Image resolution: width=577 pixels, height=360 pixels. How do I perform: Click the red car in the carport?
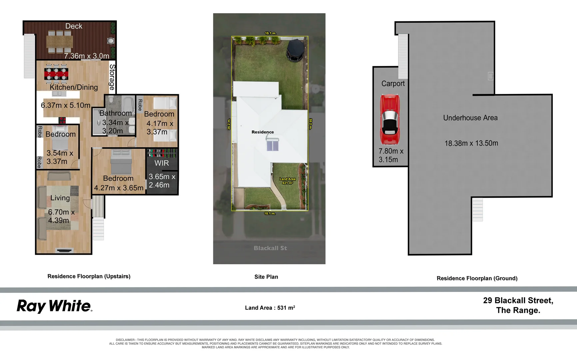point(389,120)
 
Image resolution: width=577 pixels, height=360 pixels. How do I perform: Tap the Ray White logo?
point(54,306)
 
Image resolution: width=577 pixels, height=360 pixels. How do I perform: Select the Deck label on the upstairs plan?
point(74,26)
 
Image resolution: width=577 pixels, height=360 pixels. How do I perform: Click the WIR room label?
point(162,163)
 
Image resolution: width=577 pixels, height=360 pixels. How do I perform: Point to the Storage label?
point(112,77)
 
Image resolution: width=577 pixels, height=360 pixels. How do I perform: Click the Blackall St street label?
point(270,248)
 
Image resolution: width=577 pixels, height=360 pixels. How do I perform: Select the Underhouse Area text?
point(470,118)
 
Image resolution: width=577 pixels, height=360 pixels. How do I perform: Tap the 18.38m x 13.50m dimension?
point(471,143)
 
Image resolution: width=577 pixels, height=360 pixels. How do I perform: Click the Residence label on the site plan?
point(263,132)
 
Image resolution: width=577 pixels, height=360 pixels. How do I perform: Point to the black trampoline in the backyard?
point(295,50)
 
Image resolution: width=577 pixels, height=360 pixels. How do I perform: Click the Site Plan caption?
point(266,277)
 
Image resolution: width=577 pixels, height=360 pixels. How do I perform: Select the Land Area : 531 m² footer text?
point(270,308)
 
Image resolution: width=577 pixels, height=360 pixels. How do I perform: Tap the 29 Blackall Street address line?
point(518,300)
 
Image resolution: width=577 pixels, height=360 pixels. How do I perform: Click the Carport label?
point(393,84)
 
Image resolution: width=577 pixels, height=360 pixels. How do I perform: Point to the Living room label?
point(60,198)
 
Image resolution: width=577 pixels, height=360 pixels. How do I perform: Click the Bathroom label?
point(115,113)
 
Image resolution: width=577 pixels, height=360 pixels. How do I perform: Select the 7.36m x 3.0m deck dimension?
point(87,56)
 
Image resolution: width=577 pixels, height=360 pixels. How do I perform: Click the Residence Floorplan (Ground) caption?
point(477,278)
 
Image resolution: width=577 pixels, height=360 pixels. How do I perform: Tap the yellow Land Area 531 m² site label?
point(287,181)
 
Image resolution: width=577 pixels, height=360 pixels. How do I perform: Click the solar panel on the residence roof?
point(273,146)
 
